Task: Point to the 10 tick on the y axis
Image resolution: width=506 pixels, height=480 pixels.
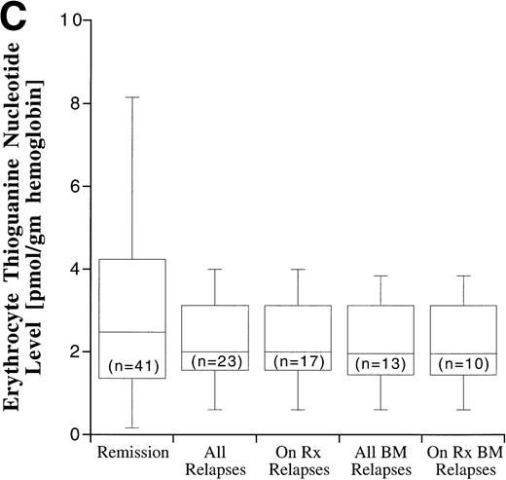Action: (x=67, y=20)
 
